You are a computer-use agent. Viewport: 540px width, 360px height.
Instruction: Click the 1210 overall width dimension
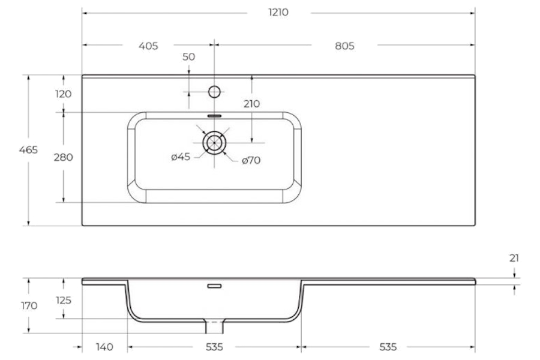278,13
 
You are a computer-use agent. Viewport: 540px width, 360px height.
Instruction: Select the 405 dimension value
148,46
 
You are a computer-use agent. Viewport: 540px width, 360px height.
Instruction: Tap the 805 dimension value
344,46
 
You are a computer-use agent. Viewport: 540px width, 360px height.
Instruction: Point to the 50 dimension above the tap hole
188,56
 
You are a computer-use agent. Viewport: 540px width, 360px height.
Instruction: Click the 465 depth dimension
28,150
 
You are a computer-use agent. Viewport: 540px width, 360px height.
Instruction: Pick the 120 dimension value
64,94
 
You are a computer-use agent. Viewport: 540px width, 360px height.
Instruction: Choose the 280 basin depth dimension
64,157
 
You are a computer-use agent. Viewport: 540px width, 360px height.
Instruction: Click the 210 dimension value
251,104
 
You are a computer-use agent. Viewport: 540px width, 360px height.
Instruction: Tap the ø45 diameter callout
181,157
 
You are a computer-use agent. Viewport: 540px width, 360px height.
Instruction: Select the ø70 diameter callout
251,160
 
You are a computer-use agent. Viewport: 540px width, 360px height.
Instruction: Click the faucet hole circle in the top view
214,92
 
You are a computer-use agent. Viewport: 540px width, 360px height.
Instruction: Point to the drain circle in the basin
214,142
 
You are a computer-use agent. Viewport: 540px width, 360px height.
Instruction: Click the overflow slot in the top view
214,116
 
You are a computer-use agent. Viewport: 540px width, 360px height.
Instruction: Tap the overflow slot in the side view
214,286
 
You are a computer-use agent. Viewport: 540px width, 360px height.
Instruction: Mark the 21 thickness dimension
514,258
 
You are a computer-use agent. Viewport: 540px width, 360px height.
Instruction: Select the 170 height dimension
29,305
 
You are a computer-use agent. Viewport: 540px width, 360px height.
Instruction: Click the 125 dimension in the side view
64,300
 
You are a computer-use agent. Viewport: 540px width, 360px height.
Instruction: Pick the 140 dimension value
104,347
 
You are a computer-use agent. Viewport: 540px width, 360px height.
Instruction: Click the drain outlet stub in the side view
214,326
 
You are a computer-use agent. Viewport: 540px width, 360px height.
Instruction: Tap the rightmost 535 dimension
388,347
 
